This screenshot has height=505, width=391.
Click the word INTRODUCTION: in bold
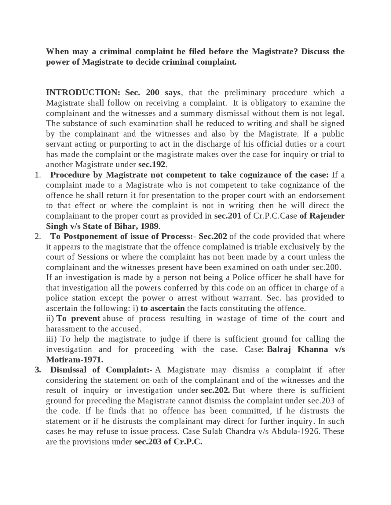coord(81,92)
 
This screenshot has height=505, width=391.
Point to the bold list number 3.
coord(38,370)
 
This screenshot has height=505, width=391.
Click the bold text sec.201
coord(228,216)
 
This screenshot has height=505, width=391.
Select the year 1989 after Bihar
coord(149,226)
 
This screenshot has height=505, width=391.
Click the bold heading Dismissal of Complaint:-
coord(101,370)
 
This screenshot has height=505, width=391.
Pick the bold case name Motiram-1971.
coord(75,360)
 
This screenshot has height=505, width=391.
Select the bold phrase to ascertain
coord(163,308)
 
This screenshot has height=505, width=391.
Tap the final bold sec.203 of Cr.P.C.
coord(168,442)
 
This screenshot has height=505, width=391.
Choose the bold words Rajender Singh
coord(327,216)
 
